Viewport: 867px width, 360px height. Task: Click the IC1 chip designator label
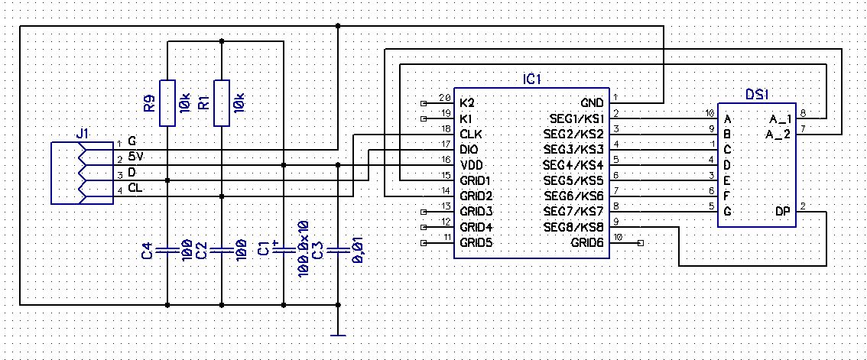[x=532, y=79]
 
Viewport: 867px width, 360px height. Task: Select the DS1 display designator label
[x=757, y=95]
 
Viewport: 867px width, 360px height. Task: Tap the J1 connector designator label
[x=83, y=134]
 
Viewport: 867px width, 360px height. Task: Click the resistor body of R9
[x=167, y=102]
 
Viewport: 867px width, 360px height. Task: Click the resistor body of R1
[x=221, y=102]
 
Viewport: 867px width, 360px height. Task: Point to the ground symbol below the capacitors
[x=338, y=333]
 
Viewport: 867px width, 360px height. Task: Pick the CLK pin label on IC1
[x=470, y=134]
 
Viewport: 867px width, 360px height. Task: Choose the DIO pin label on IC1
[x=469, y=149]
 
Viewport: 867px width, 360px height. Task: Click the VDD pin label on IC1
[x=471, y=165]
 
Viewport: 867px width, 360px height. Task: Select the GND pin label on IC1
[x=592, y=102]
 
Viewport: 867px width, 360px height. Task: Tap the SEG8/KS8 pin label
[x=573, y=227]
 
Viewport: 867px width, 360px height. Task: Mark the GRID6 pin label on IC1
[x=587, y=243]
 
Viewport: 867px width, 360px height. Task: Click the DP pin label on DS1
[x=783, y=211]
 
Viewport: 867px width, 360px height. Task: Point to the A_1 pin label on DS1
[x=779, y=118]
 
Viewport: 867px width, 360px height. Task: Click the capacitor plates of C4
[x=167, y=248]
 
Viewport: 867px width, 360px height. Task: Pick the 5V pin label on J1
[x=135, y=156]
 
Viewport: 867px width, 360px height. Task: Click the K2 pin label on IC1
[x=466, y=102]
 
